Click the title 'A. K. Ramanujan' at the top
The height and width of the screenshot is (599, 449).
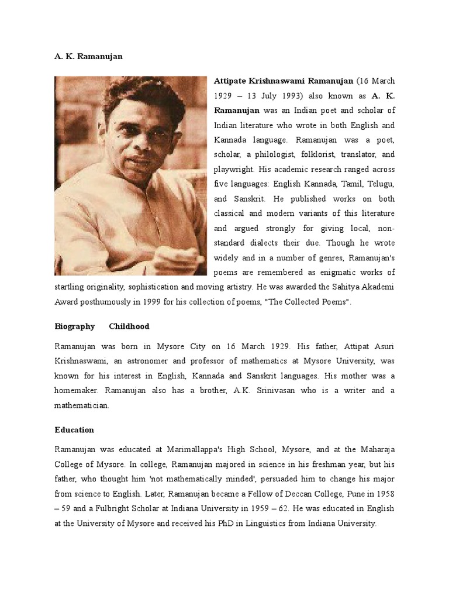pos(88,56)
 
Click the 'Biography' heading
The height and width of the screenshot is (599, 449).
pos(74,326)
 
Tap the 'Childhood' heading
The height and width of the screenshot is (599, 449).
pos(129,326)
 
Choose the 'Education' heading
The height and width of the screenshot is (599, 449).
pos(74,429)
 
